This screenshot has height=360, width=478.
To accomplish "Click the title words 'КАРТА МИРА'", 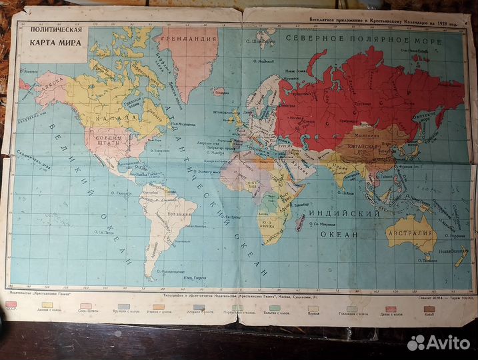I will (x=55, y=43).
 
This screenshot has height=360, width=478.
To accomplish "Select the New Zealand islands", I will (x=460, y=257).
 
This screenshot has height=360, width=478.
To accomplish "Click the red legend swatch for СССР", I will (x=11, y=305).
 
